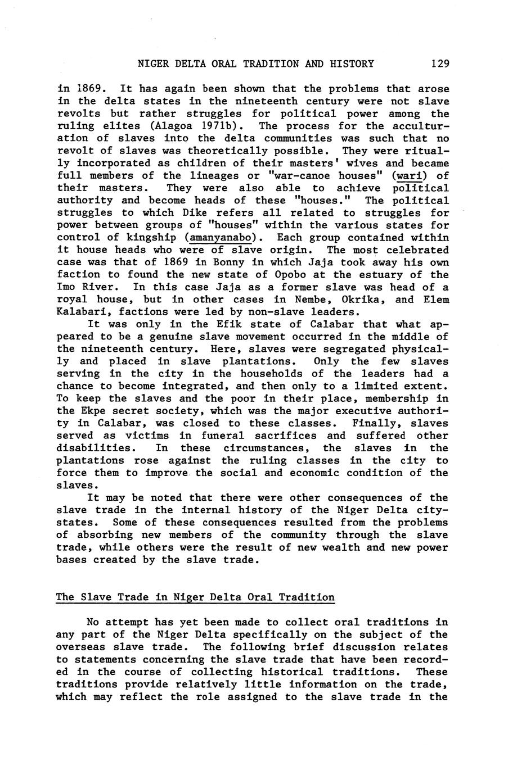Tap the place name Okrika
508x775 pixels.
pyautogui.click(x=362, y=300)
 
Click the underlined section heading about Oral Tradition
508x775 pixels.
pyautogui.click(x=195, y=597)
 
